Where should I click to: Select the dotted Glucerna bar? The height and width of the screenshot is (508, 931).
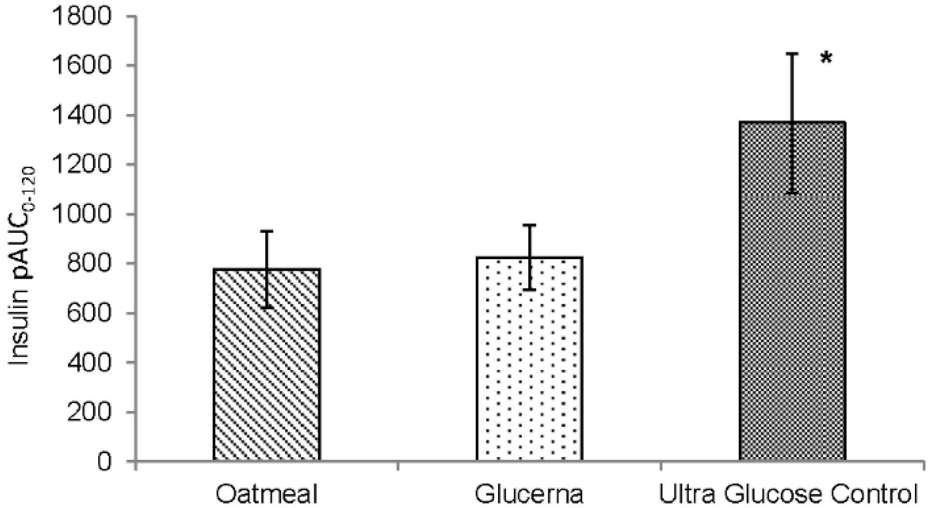click(529, 360)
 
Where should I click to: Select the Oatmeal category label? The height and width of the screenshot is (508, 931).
click(267, 494)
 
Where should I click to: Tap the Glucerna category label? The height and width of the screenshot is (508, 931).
click(529, 494)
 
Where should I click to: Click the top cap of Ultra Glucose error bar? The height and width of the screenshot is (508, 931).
click(792, 54)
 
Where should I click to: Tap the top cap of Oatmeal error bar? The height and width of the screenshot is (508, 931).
click(267, 231)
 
